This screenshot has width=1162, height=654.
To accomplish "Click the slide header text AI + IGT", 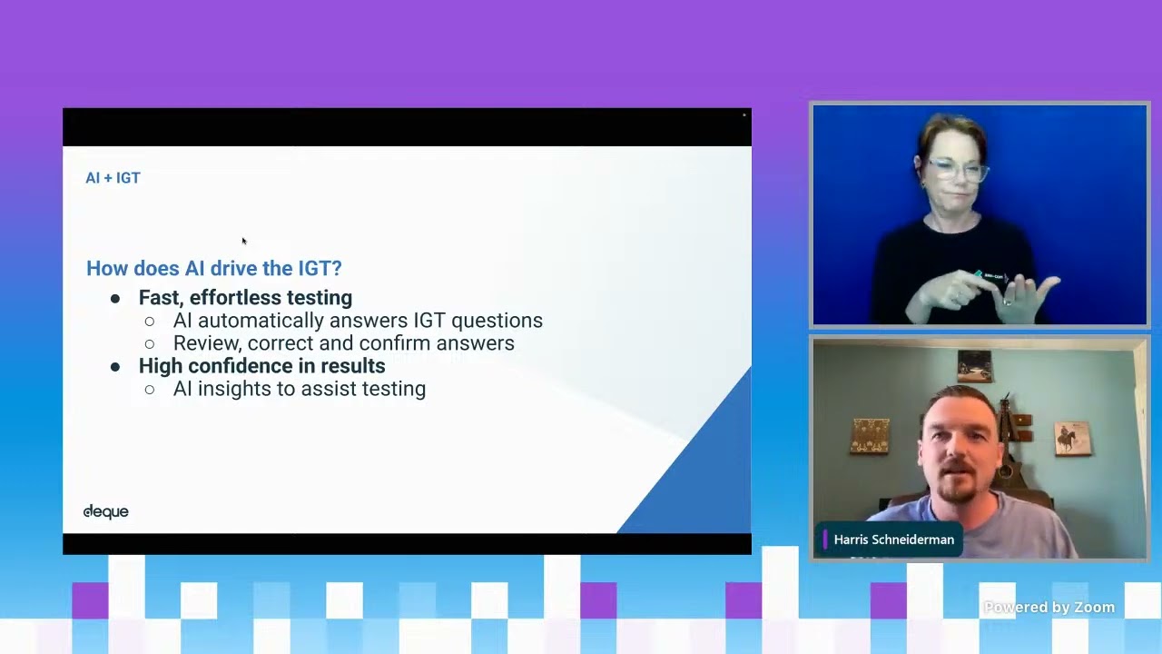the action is click(113, 178).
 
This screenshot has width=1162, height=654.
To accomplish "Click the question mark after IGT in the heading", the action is click(337, 268).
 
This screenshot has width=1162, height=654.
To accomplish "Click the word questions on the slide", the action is click(497, 322).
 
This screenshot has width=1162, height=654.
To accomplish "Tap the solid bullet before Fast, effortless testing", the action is click(115, 299).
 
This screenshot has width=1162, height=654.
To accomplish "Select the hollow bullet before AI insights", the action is click(150, 390).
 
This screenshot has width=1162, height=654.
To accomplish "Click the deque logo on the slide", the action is click(106, 511).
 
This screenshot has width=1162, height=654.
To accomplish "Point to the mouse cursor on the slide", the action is click(244, 241).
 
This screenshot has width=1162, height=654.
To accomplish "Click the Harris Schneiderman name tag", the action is click(890, 540).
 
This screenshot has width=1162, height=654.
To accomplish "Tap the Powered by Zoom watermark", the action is click(1049, 607).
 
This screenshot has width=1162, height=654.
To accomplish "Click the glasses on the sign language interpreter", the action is click(957, 170).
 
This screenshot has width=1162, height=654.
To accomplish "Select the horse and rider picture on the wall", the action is click(1072, 439).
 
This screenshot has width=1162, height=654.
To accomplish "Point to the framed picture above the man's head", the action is click(974, 366).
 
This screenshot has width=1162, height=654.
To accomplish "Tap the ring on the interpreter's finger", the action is click(1007, 302).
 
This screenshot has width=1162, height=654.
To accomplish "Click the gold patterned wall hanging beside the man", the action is click(870, 437).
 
